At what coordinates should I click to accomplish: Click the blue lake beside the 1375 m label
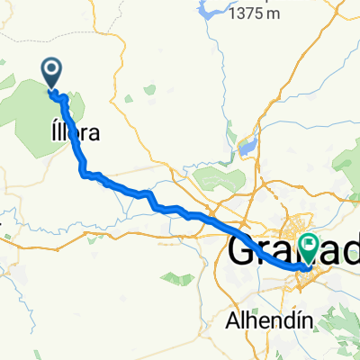pyautogui.click(x=210, y=12)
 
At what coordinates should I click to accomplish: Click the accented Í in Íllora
pyautogui.click(x=49, y=132)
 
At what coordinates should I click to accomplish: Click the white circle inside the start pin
pyautogui.click(x=52, y=67)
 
